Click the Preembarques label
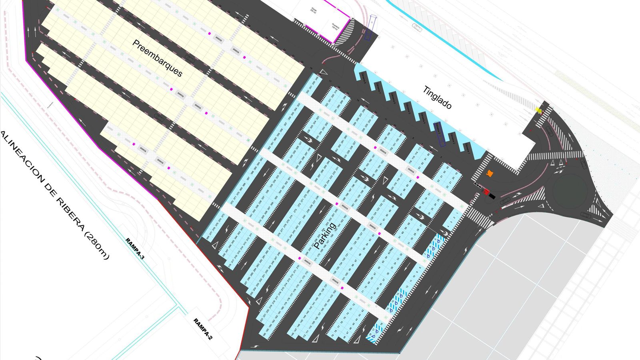tap(157, 58)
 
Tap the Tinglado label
tap(437, 97)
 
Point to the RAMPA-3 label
tap(135, 249)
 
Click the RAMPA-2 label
tap(203, 329)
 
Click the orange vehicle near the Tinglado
tap(490, 173)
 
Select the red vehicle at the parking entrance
tap(486, 192)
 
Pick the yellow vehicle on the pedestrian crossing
tap(539, 109)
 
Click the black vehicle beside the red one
tap(492, 196)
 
